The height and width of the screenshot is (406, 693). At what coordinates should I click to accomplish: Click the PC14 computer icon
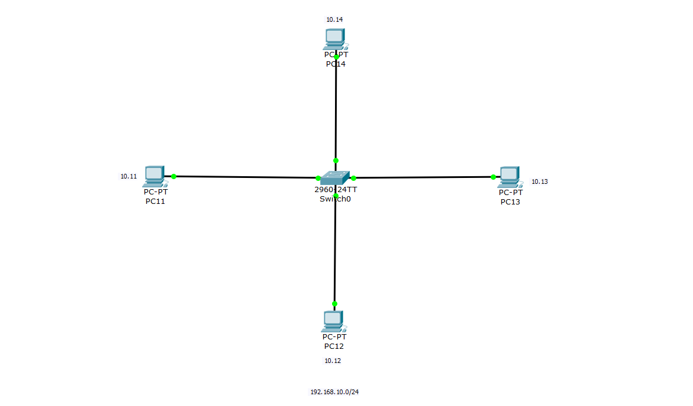coord(335,39)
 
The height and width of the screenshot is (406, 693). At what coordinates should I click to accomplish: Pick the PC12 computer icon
coord(333,321)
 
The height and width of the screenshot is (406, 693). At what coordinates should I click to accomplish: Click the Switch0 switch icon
coord(335,177)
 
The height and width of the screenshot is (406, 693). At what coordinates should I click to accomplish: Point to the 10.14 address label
coord(334,19)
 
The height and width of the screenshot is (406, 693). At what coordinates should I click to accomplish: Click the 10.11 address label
coord(129,176)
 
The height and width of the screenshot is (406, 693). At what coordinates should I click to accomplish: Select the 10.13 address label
coord(540,181)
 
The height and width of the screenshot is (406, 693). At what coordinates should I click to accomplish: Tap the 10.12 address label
coord(333,361)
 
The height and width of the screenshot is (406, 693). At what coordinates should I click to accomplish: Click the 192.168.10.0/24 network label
coord(334,392)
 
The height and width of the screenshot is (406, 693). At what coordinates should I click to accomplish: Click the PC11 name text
coord(156,201)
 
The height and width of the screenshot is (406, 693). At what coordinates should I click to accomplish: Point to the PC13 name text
coord(510,202)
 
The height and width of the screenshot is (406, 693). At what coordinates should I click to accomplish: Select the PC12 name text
coord(334,346)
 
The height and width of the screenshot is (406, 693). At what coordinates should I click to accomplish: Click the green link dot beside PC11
coord(173,176)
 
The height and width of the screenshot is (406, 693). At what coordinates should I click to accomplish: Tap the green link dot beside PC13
coord(493,177)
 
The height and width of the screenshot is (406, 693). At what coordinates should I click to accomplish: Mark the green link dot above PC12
coord(334,304)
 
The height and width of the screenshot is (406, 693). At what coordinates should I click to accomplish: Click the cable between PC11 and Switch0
coord(245,177)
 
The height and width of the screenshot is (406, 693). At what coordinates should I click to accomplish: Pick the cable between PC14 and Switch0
coord(336,109)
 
